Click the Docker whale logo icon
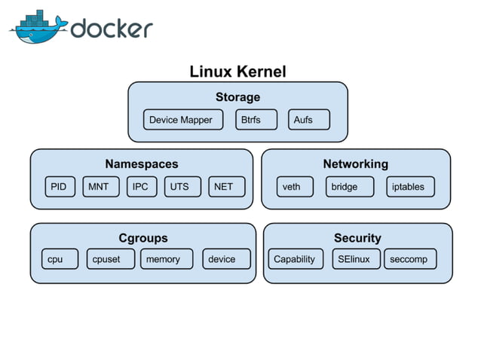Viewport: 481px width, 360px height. tap(38, 29)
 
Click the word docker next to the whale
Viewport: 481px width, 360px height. tap(112, 29)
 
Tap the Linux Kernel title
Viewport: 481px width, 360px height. tap(237, 72)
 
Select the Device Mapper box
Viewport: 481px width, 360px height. tap(181, 120)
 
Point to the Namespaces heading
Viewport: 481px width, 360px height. tap(142, 163)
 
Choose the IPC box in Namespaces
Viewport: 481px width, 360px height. tap(140, 187)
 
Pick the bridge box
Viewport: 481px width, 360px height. tap(349, 187)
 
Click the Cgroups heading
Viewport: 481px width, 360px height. tap(142, 238)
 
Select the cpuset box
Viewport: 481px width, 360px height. tap(109, 259)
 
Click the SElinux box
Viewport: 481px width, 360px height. tap(354, 259)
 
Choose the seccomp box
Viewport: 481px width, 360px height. tap(409, 259)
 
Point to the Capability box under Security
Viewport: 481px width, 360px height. tap(295, 259)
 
